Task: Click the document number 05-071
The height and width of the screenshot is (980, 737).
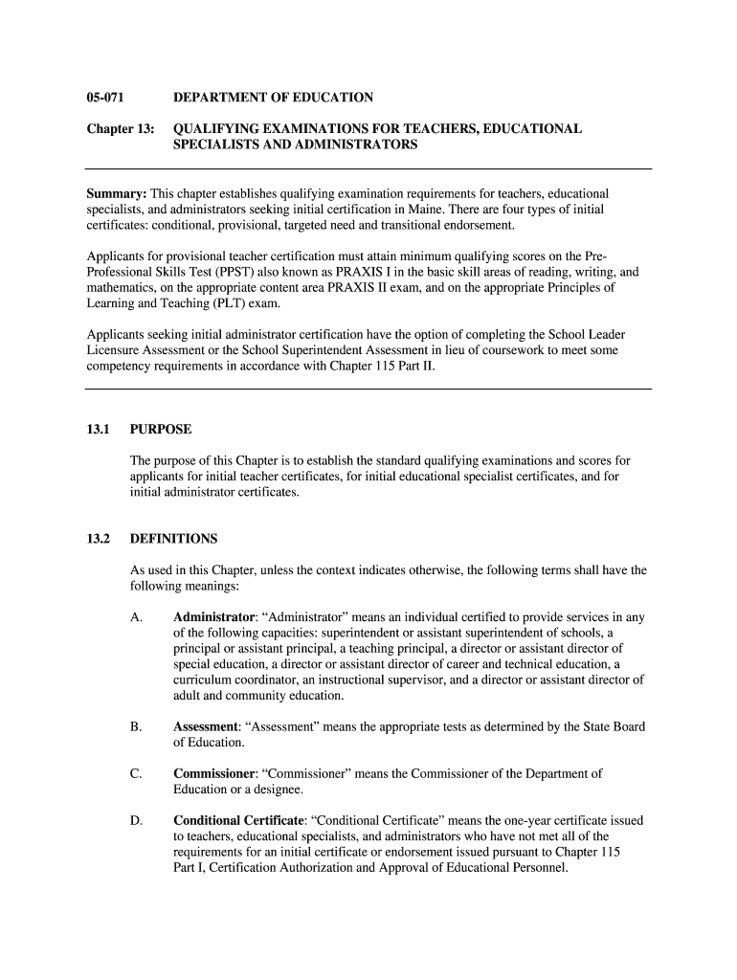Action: tap(105, 98)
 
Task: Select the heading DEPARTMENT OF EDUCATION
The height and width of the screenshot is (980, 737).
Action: tap(273, 98)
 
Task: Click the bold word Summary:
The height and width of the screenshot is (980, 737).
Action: tap(117, 193)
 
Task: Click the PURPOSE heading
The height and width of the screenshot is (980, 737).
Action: tap(161, 430)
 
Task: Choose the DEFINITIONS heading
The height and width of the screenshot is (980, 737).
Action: tap(173, 539)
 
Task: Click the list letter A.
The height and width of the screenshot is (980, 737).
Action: tap(136, 617)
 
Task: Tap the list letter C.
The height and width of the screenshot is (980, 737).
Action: tap(136, 773)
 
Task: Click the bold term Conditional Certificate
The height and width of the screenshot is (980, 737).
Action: tap(237, 820)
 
